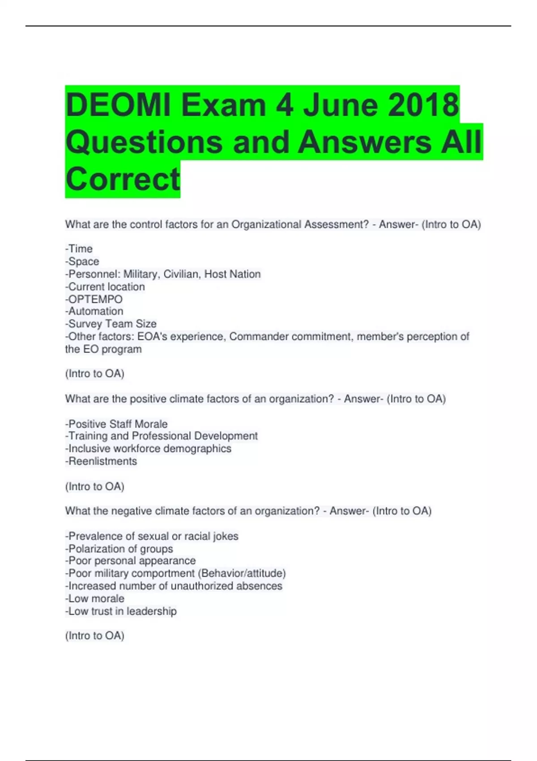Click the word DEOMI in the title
pyautogui.click(x=119, y=105)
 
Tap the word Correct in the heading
pyautogui.click(x=123, y=179)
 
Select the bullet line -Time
pyautogui.click(x=79, y=249)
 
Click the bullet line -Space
pyautogui.click(x=82, y=261)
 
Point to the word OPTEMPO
pyautogui.click(x=95, y=299)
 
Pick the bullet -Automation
pyautogui.click(x=94, y=311)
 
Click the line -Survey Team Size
pyautogui.click(x=111, y=324)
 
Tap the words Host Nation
pyautogui.click(x=232, y=274)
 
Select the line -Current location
pyautogui.click(x=105, y=286)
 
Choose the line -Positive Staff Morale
pyautogui.click(x=116, y=424)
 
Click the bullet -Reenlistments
pyautogui.click(x=101, y=461)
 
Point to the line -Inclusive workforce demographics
pyautogui.click(x=149, y=449)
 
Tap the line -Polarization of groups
pyautogui.click(x=119, y=549)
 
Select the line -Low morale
pyautogui.click(x=95, y=599)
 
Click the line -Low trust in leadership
pyautogui.click(x=121, y=611)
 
